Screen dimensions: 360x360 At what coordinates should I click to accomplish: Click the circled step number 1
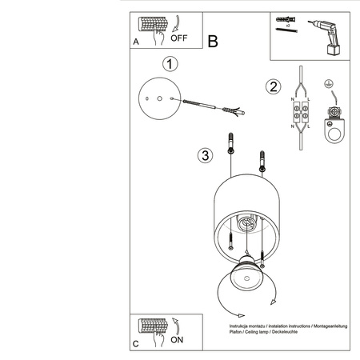tap(169, 62)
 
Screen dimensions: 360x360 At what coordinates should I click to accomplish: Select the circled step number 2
tap(273, 86)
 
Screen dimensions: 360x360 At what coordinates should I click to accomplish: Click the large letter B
tap(213, 41)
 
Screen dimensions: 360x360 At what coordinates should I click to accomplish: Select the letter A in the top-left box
tap(136, 41)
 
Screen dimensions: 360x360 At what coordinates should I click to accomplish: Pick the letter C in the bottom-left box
tap(136, 343)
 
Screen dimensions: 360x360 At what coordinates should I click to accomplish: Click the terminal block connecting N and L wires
tap(302, 117)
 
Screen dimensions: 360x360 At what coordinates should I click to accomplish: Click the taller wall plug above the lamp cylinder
tap(230, 147)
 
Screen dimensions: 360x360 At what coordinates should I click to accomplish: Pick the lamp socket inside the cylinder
tap(250, 226)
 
